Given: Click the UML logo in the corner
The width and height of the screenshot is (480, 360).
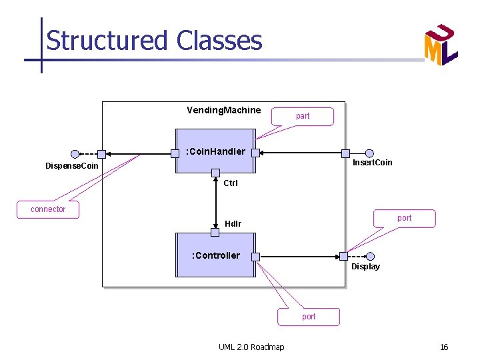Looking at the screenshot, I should tap(441, 45).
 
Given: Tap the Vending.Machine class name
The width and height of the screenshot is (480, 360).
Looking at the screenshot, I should tap(223, 109).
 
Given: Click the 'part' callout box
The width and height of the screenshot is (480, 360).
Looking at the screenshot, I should tap(303, 116).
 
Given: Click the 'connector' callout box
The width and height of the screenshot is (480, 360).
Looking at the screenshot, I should tap(48, 209).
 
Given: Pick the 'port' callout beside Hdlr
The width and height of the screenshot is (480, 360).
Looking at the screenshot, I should tap(404, 218).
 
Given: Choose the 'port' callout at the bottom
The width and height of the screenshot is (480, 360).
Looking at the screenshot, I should tap(309, 317).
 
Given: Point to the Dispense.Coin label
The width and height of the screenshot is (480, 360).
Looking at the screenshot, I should tap(71, 165).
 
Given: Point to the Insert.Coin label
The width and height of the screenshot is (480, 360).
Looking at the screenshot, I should tap(372, 163).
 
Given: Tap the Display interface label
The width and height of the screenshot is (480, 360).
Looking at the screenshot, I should tap(365, 267).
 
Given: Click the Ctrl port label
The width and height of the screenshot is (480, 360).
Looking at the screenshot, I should tap(231, 183).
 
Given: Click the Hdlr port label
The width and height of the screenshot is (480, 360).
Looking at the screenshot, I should tap(233, 223).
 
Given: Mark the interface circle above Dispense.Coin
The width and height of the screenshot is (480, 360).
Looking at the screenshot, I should tap(75, 154).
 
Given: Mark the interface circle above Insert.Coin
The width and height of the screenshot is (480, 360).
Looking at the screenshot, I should tap(370, 153).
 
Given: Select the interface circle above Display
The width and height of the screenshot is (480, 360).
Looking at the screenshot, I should tap(371, 256).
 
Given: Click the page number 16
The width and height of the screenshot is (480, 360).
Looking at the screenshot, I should tap(443, 347).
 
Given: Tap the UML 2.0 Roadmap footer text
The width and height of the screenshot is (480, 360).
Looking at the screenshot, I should tap(251, 347).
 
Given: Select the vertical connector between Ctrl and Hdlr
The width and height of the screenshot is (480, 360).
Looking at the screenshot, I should tap(215, 203).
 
